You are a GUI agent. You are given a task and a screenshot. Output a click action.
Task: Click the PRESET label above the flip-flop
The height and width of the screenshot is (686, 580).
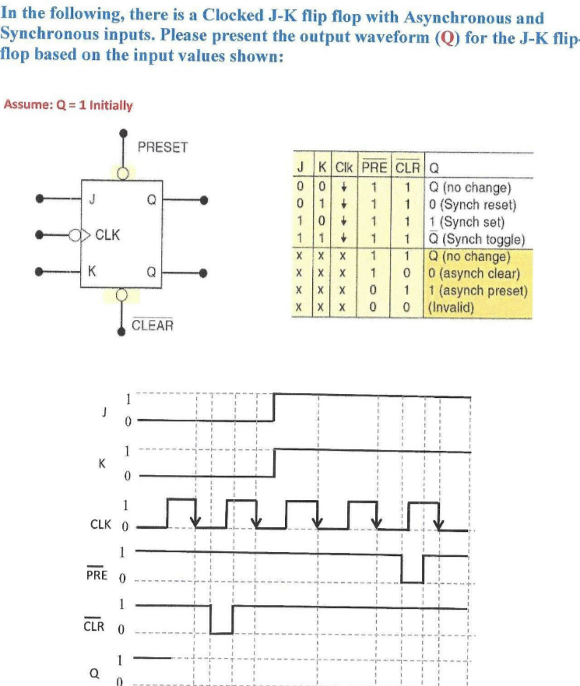tap(162, 147)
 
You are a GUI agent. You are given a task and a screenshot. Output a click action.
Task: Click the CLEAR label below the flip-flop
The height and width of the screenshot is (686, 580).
tap(153, 325)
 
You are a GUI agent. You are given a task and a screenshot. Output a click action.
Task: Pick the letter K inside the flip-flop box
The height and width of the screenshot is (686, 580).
tap(93, 272)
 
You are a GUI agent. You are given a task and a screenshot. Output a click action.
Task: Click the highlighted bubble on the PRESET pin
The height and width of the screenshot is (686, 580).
tap(122, 172)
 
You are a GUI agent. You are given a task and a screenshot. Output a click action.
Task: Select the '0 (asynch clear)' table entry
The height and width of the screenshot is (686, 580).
tap(474, 274)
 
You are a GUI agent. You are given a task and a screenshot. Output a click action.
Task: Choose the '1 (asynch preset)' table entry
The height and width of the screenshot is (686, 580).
tap(477, 290)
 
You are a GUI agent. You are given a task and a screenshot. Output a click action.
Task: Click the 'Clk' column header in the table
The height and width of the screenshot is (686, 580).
tap(343, 167)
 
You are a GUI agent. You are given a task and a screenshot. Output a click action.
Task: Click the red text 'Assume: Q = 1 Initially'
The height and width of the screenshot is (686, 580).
tap(69, 105)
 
